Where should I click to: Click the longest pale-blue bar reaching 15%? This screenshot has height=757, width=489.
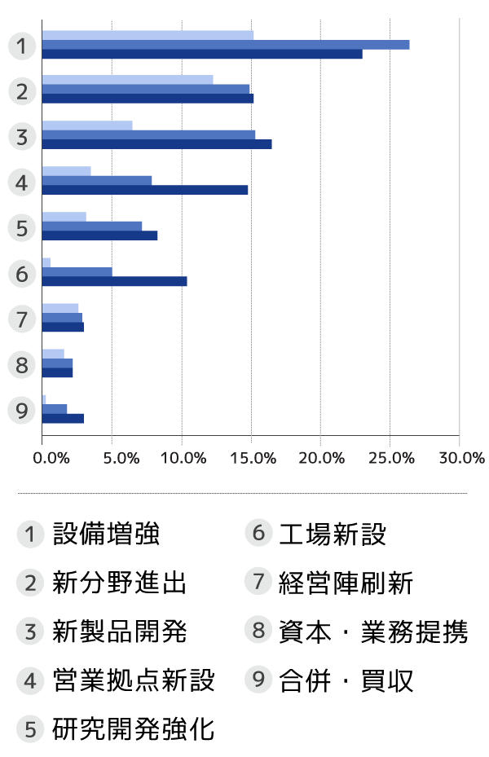[x=147, y=35]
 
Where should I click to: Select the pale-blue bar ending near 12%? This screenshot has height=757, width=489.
[x=126, y=80]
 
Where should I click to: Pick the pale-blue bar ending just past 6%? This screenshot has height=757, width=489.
[x=86, y=125]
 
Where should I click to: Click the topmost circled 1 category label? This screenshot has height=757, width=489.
[x=22, y=45]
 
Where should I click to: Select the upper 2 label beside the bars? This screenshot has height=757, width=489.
[x=22, y=90]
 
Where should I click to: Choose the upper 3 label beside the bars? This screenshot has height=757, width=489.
[x=22, y=136]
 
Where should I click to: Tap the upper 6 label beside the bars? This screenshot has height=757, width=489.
[x=22, y=273]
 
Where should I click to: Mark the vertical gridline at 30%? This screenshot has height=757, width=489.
[x=460, y=228]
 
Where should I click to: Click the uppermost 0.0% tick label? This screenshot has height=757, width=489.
[x=51, y=458]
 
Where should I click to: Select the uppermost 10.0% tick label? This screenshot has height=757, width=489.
[x=183, y=458]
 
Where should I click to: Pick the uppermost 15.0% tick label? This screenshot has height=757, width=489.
[x=254, y=458]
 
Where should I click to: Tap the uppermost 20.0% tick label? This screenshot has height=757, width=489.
[x=324, y=458]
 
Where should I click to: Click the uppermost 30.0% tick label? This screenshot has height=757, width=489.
[x=462, y=458]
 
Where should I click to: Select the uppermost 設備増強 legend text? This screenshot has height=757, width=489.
[x=106, y=535]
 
